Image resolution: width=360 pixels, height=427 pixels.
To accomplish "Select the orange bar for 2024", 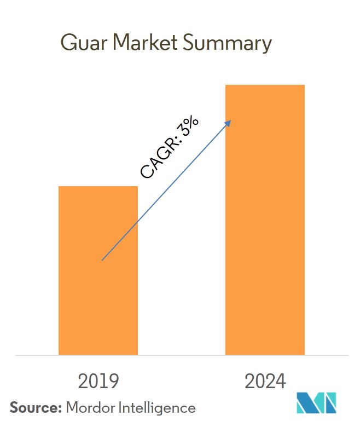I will (265, 220).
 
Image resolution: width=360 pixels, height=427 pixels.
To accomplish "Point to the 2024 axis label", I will (265, 381).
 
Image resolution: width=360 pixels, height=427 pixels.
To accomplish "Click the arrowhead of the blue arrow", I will (229, 123).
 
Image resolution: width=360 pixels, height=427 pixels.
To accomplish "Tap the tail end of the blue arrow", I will (103, 259).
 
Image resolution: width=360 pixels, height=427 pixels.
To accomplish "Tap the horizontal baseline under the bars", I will (180, 355).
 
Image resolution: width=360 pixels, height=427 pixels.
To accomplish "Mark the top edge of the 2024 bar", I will (265, 85).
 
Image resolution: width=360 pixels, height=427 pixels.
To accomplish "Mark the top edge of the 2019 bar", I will (98, 187).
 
